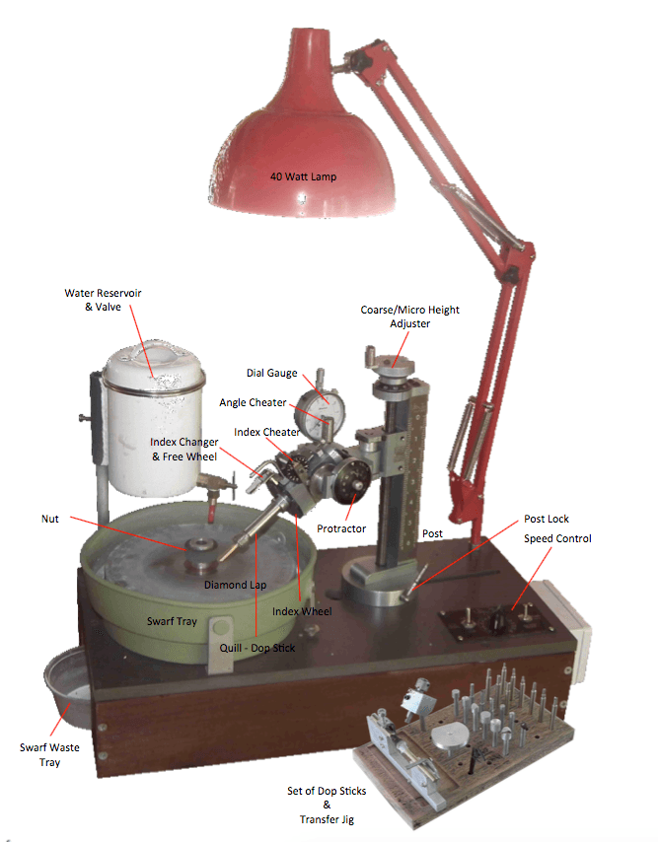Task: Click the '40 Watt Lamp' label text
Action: coord(303,177)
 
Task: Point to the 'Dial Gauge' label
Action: coord(271,373)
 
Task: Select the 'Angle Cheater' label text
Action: coord(254,402)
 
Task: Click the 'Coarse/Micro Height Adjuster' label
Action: coord(408,316)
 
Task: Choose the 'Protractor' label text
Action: coord(342,528)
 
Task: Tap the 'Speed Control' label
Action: coord(558,538)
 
